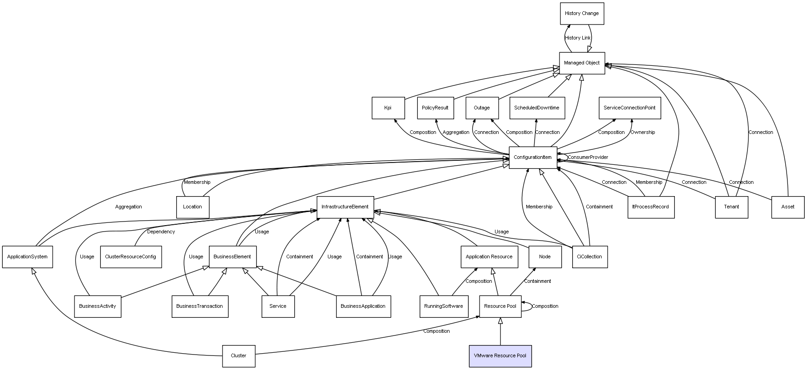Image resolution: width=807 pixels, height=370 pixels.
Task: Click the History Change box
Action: tap(582, 13)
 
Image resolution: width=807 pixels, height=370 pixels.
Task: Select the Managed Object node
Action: tap(582, 63)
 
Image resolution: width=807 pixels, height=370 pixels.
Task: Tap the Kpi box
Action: tap(388, 108)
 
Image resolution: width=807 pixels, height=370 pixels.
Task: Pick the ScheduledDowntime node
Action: tap(537, 108)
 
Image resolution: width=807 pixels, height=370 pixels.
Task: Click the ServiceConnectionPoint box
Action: tap(629, 108)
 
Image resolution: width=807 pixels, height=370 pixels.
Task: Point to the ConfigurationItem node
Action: tap(533, 157)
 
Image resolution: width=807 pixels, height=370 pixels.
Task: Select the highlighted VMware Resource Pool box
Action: tap(500, 355)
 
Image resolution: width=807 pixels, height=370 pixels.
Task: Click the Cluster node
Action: tap(238, 355)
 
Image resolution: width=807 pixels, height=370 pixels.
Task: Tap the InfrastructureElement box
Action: tap(345, 207)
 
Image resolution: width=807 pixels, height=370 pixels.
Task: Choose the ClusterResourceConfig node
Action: tap(130, 257)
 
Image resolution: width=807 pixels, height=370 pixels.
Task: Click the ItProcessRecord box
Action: tap(650, 207)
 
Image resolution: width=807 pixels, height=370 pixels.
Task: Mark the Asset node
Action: tap(788, 207)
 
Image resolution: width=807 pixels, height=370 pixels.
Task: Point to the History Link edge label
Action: tap(578, 38)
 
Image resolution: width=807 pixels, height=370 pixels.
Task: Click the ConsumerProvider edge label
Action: tap(588, 158)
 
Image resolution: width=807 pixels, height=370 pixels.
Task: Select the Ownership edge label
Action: tap(643, 133)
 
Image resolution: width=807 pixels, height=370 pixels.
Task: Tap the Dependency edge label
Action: tap(161, 232)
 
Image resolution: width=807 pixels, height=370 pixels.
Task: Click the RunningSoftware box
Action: tap(443, 306)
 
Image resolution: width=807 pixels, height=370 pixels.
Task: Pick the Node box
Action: tap(545, 257)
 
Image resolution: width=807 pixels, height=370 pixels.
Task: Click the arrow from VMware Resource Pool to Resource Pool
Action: tap(500, 331)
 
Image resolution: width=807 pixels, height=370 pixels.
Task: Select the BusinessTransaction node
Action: tap(200, 306)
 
